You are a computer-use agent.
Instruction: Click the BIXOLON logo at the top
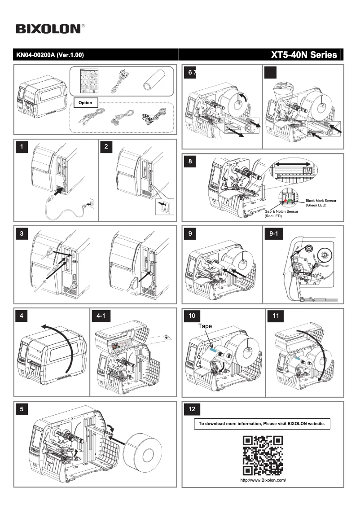[x=48, y=29]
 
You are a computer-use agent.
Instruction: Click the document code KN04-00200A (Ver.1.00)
[x=50, y=55]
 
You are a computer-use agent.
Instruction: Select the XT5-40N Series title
[x=304, y=55]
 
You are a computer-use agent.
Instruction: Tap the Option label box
[x=85, y=103]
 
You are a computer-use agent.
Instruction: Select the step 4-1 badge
[x=101, y=316]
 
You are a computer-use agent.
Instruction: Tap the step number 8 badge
[x=192, y=162]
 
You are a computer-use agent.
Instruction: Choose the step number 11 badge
[x=276, y=316]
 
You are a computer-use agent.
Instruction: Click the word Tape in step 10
[x=205, y=326]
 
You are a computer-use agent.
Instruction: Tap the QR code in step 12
[x=263, y=456]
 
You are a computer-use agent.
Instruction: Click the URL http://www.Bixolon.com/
[x=263, y=480]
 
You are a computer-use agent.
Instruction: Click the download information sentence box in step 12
[x=262, y=424]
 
